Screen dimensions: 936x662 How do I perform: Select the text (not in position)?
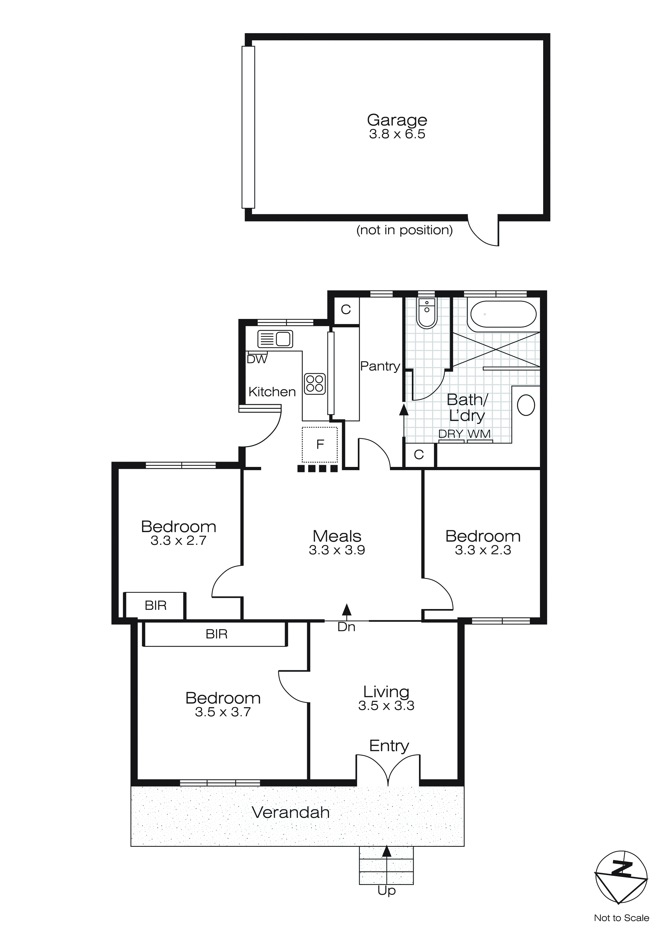coord(404,230)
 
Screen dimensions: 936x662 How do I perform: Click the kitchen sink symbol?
coord(275,339)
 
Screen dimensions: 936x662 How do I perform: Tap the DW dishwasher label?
coord(257,359)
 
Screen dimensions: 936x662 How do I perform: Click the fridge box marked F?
coord(320,444)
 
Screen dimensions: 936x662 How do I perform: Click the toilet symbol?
coord(427,313)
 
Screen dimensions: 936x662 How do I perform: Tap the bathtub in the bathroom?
coord(503,314)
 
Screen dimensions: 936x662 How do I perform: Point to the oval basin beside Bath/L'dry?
coord(526,405)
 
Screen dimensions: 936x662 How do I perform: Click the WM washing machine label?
coord(479,434)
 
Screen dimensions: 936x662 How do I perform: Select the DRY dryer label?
coord(451,434)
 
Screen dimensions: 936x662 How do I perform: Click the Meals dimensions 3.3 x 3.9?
coord(337,550)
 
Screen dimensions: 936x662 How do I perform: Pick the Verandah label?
coord(291,813)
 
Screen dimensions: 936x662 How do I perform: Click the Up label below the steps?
coord(386,891)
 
